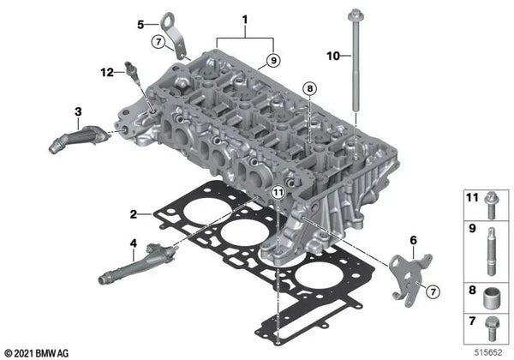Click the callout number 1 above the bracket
(244, 19)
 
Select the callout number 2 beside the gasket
(134, 213)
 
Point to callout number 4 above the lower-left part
(133, 243)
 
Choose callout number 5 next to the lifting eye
(141, 25)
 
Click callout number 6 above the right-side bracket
(413, 240)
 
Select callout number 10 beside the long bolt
(334, 57)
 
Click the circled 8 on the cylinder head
(308, 88)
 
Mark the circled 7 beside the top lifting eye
(158, 41)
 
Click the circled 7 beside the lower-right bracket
(433, 293)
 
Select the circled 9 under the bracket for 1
(272, 60)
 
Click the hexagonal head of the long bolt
(353, 12)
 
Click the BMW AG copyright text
(39, 352)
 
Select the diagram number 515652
(489, 352)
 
